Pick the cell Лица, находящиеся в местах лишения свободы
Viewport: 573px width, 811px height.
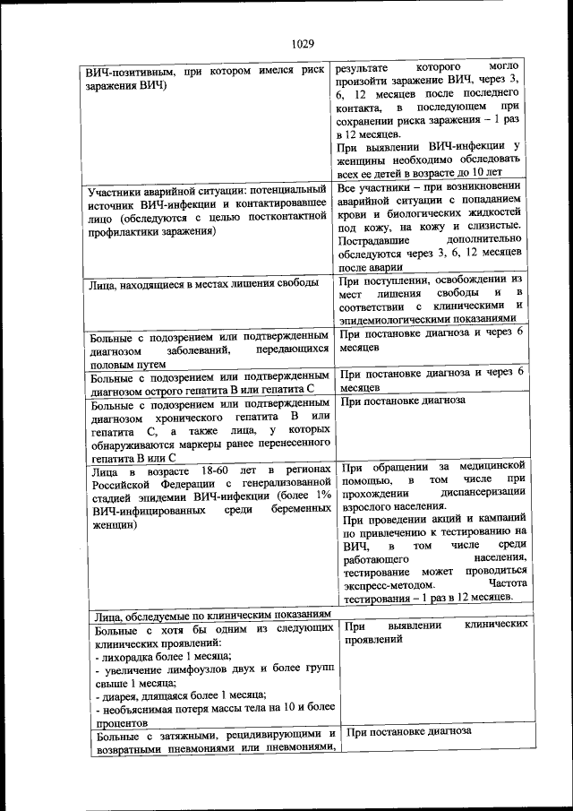198,284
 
